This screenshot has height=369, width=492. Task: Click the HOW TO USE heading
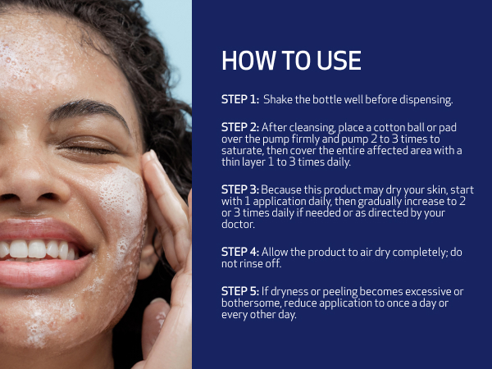pyautogui.click(x=291, y=61)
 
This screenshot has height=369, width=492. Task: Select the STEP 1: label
pyautogui.click(x=240, y=100)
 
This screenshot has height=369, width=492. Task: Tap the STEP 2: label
pyautogui.click(x=240, y=127)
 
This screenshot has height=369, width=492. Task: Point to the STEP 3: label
pyautogui.click(x=240, y=189)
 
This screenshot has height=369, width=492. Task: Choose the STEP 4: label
pyautogui.click(x=240, y=252)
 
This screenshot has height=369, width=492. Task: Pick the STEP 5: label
pyautogui.click(x=240, y=291)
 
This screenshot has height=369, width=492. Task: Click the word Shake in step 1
pyautogui.click(x=277, y=100)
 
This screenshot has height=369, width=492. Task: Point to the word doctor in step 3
pyautogui.click(x=239, y=224)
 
